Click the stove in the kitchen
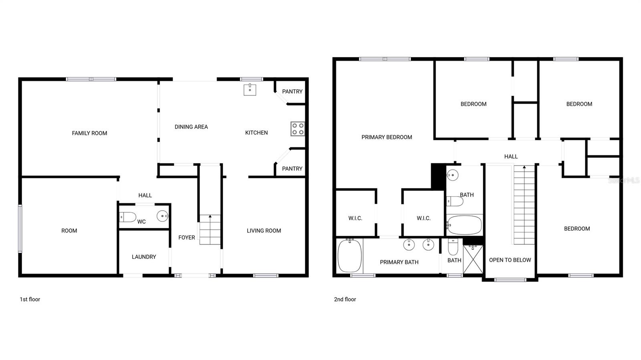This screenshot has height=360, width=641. (x=298, y=129)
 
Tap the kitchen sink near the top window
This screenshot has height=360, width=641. (x=250, y=90)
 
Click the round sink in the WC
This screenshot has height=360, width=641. (x=162, y=216)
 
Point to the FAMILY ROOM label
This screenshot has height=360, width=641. (x=89, y=133)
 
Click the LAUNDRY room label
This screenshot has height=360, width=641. (x=144, y=257)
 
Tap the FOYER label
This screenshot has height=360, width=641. (x=187, y=237)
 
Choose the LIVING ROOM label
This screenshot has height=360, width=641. (x=264, y=231)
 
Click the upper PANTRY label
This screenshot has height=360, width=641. (x=292, y=92)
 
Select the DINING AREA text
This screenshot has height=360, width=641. (x=191, y=127)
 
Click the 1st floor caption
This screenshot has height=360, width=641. (x=30, y=299)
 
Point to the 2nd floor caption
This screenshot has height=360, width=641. (x=345, y=299)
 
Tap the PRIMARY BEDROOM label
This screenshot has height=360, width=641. (x=387, y=137)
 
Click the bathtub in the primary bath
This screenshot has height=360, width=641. (x=350, y=256)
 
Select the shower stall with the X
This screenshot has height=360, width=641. (x=473, y=259)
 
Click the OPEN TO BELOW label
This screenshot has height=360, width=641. (x=510, y=260)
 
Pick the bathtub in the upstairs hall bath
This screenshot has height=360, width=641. (x=464, y=225)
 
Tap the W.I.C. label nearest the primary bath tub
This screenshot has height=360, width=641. (x=355, y=218)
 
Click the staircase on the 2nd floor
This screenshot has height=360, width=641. (x=524, y=204)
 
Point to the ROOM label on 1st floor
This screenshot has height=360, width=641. (x=69, y=231)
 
